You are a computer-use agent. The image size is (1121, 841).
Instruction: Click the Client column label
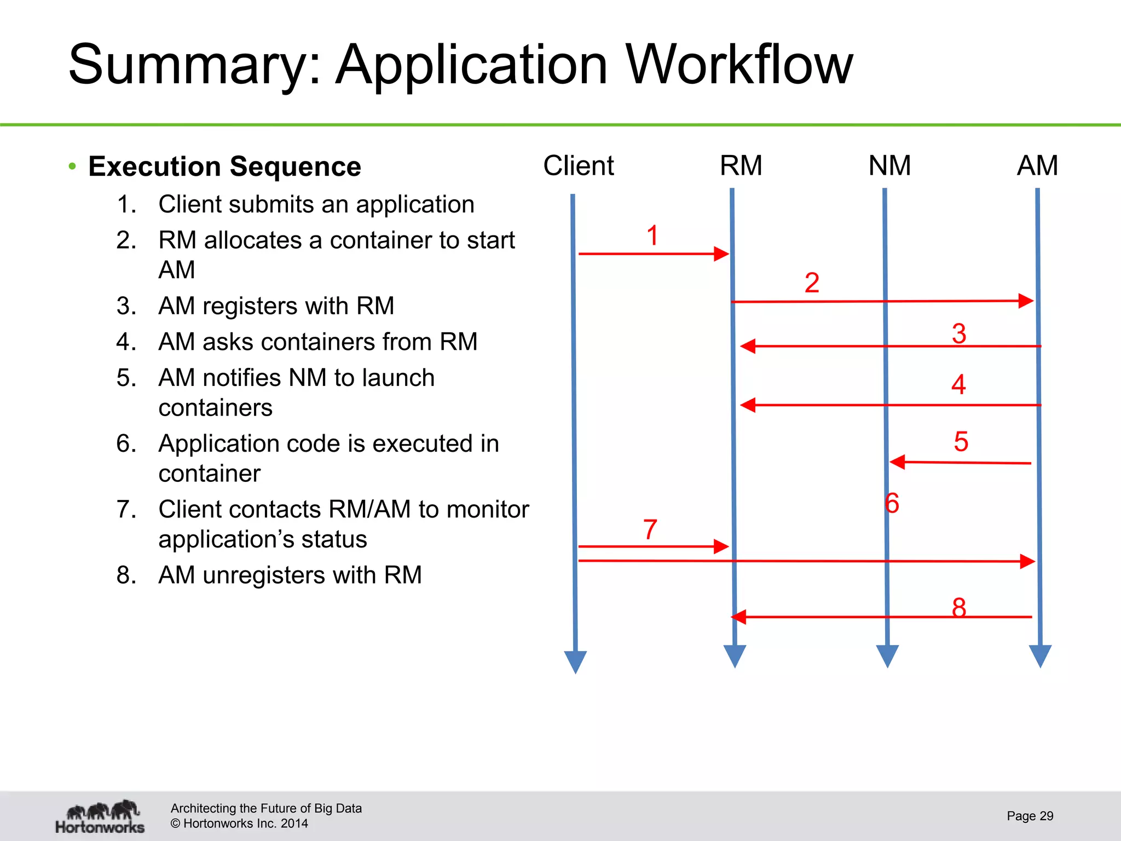578,165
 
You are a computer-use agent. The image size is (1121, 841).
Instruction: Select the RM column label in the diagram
741,165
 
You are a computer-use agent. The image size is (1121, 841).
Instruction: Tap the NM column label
889,165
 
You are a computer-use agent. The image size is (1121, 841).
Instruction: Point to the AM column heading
1037,165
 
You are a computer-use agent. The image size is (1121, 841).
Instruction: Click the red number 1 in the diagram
652,235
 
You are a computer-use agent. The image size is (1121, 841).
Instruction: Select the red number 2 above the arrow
812,283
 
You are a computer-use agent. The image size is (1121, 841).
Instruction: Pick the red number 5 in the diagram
961,441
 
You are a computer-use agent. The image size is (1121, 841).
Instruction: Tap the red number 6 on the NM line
892,503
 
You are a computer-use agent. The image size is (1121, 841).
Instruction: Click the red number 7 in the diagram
650,529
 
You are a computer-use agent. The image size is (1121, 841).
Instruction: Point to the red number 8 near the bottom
959,607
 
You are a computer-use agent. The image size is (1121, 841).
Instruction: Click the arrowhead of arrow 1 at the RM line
722,254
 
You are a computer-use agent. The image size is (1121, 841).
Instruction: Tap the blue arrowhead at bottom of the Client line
575,661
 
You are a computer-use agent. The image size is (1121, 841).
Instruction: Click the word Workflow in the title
739,65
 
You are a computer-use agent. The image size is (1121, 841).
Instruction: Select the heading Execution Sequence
224,166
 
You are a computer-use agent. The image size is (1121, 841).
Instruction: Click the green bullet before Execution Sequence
72,166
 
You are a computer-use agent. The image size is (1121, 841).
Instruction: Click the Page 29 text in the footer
1030,816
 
